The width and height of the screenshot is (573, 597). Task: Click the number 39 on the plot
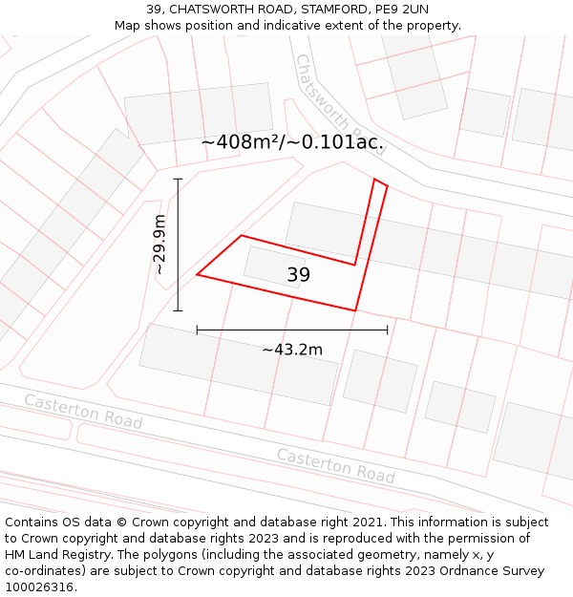[299, 275]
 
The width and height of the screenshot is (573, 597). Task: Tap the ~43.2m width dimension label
[292, 350]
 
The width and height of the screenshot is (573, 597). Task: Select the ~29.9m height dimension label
[159, 245]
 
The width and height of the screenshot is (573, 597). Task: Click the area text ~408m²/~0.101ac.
[292, 142]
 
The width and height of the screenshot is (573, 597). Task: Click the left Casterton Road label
[83, 411]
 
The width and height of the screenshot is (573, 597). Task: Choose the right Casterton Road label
[335, 465]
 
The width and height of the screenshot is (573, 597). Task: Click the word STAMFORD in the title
[325, 10]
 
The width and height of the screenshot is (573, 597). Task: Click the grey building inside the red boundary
[274, 267]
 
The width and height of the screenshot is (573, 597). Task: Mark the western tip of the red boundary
[198, 275]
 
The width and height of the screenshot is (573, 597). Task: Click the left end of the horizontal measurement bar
[197, 330]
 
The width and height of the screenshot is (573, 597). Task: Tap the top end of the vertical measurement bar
[178, 179]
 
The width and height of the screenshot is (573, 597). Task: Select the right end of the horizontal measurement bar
[388, 330]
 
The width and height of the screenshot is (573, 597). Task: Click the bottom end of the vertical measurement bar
[178, 310]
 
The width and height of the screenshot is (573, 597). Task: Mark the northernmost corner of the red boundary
[375, 179]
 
